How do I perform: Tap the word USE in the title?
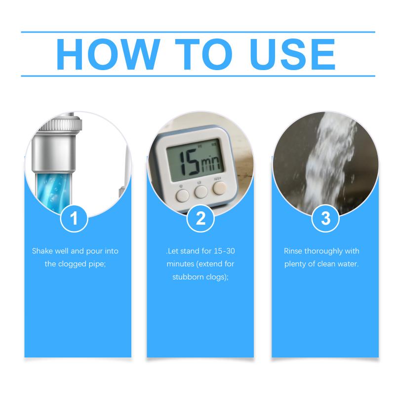[x=293, y=54]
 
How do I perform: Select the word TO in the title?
[x=203, y=54]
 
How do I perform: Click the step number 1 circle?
[x=74, y=218]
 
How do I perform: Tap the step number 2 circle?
[x=200, y=218]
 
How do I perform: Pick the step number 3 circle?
[x=325, y=218]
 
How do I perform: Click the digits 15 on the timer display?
[x=190, y=162]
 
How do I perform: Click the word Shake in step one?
[x=42, y=251]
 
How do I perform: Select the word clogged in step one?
[x=72, y=264]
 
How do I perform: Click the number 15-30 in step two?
[x=225, y=251]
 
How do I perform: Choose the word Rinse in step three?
[x=293, y=251]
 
